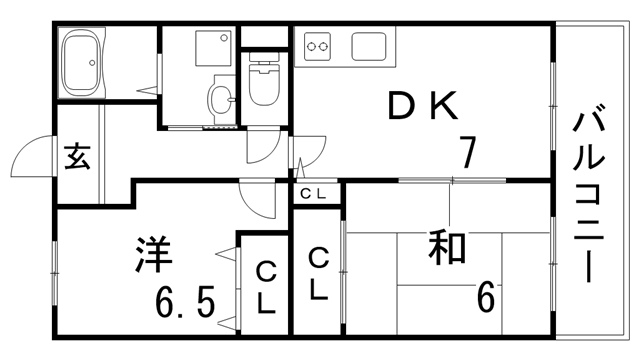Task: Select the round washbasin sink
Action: click(220, 97)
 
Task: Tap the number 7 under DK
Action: click(466, 151)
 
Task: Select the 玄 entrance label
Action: click(77, 157)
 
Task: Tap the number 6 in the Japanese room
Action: click(487, 297)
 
